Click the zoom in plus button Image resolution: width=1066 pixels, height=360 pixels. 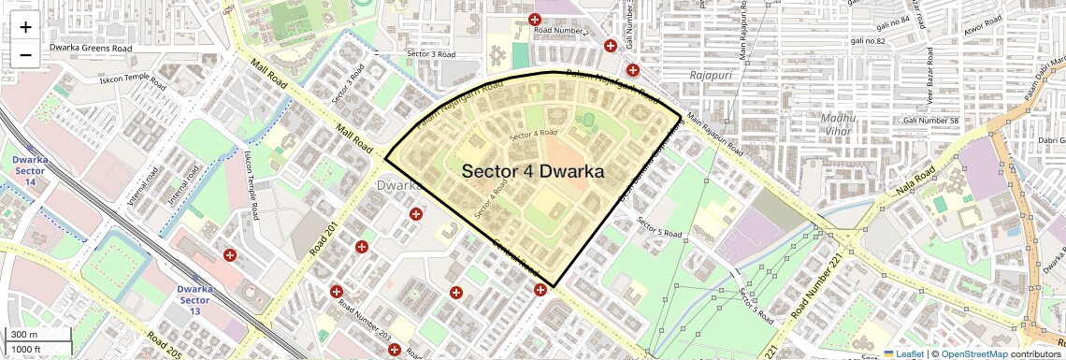(x=25, y=26)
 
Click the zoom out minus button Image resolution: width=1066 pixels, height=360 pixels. (x=25, y=54)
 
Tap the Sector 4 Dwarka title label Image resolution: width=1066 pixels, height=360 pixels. (x=533, y=172)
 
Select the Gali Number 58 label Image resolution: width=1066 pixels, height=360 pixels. (x=931, y=121)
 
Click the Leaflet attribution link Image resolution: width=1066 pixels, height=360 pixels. (x=903, y=353)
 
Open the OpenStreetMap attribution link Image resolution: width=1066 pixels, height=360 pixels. (x=973, y=353)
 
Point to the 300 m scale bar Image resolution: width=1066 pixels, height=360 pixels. (x=24, y=335)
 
